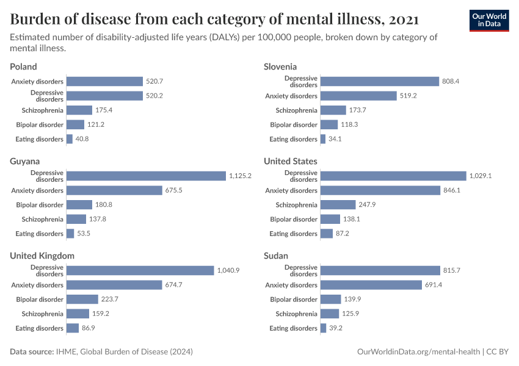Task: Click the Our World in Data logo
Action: [489, 20]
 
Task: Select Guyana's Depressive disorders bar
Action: [146, 176]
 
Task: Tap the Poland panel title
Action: [23, 66]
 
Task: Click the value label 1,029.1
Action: [481, 176]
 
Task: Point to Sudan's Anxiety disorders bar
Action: [371, 285]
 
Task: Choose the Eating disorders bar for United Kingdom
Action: [73, 328]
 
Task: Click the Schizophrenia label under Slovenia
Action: [296, 110]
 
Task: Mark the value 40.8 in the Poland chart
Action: [84, 139]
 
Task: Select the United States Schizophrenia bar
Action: [338, 205]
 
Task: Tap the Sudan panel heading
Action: [276, 256]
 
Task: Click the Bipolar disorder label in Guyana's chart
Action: [40, 205]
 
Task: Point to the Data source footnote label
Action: [32, 352]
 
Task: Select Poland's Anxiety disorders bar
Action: [104, 81]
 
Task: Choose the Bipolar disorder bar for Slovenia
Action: [328, 124]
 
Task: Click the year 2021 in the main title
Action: [403, 20]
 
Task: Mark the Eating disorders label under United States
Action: [293, 234]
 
